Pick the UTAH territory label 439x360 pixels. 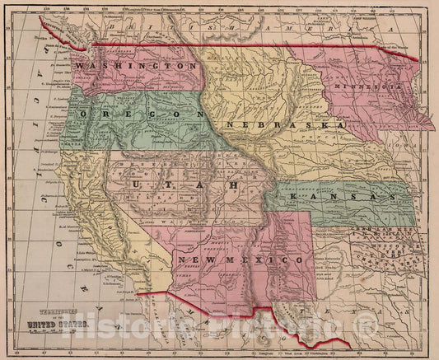point(183,187)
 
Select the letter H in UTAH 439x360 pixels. point(233,187)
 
